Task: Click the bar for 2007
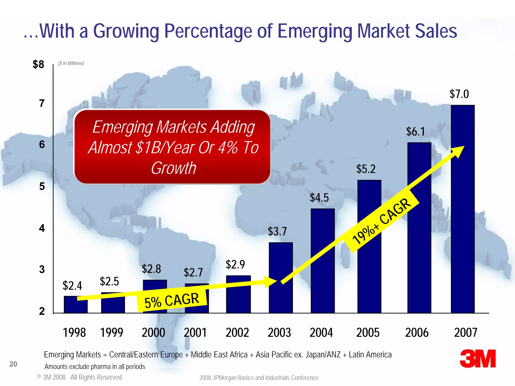[463, 209]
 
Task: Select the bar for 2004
[323, 261]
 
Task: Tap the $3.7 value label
[277, 231]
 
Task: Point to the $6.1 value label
[415, 131]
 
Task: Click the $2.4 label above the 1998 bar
[72, 286]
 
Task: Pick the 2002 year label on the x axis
[237, 332]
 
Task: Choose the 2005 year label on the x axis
[368, 332]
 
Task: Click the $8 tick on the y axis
[38, 64]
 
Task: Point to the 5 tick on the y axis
[42, 186]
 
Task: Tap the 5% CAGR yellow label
[172, 300]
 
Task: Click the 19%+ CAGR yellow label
[381, 221]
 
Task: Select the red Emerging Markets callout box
[172, 147]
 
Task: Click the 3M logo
[478, 359]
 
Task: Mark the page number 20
[13, 364]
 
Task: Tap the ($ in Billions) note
[71, 63]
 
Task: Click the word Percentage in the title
[208, 31]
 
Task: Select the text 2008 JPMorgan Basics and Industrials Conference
[259, 378]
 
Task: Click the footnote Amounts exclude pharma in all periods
[95, 367]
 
